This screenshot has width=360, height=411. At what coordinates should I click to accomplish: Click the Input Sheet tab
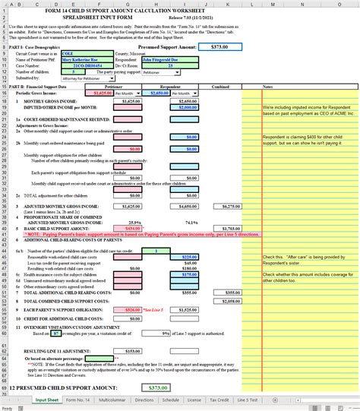click(47, 399)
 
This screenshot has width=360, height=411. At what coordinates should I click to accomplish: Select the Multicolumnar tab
click(112, 399)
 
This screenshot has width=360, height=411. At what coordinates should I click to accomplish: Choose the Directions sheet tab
click(144, 399)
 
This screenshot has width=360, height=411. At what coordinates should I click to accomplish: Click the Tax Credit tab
click(218, 399)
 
